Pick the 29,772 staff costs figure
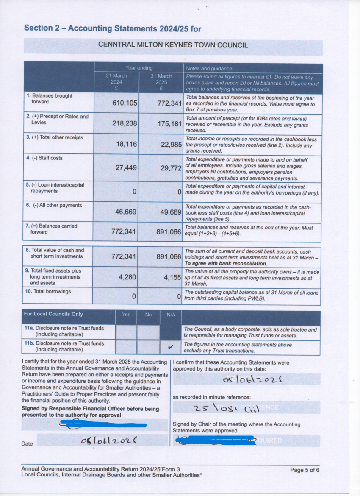pyautogui.click(x=169, y=168)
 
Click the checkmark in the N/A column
pyautogui.click(x=171, y=347)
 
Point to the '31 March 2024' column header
pyautogui.click(x=116, y=79)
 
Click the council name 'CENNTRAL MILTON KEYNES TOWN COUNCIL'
pyautogui.click(x=173, y=45)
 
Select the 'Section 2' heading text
pyautogui.click(x=112, y=28)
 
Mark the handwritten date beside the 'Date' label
pyautogui.click(x=109, y=441)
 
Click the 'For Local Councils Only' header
pyautogui.click(x=53, y=314)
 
